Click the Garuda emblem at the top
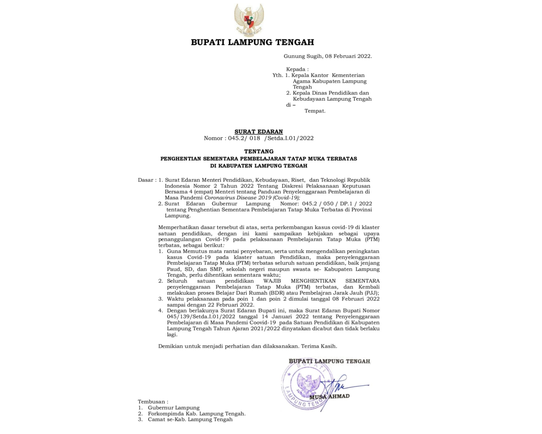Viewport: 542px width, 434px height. point(249,20)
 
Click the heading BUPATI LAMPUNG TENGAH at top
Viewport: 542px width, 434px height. point(252,42)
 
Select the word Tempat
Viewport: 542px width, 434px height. point(315,111)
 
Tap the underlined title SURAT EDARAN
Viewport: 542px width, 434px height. point(259,132)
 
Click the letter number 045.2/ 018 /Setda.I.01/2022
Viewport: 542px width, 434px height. point(271,138)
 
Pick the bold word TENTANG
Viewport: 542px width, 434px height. point(259,152)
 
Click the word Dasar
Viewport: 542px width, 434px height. point(146,180)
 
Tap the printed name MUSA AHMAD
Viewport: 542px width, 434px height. point(329,397)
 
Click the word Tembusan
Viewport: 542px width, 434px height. point(152,402)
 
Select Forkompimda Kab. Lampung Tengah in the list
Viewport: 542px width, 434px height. point(196,414)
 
